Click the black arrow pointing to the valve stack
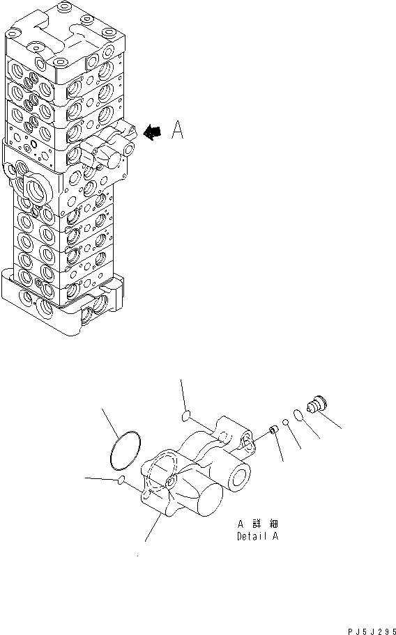tap(152, 132)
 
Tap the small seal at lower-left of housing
tap(121, 481)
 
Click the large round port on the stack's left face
tap(35, 189)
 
